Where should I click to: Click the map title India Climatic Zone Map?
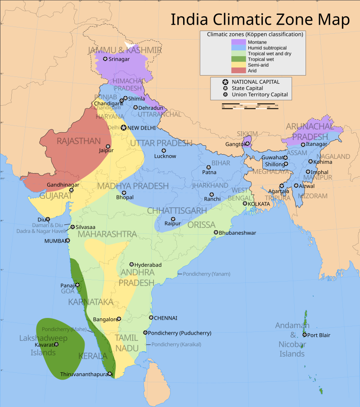pos(260,20)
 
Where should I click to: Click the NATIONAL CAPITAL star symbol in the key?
pos(225,82)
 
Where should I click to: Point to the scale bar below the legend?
pos(250,107)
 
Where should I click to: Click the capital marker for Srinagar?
pos(105,59)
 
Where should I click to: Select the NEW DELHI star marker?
pos(123,128)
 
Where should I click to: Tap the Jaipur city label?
pos(106,151)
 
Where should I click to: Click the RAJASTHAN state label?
pos(78,141)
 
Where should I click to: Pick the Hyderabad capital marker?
pos(132,265)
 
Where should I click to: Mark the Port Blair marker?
pos(305,335)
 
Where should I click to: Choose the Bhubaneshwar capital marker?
pos(216,233)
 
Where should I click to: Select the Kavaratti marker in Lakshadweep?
pos(56,344)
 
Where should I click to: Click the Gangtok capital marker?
pos(246,144)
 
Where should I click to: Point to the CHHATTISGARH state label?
pos(177,210)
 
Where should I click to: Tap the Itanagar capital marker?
pos(302,144)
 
